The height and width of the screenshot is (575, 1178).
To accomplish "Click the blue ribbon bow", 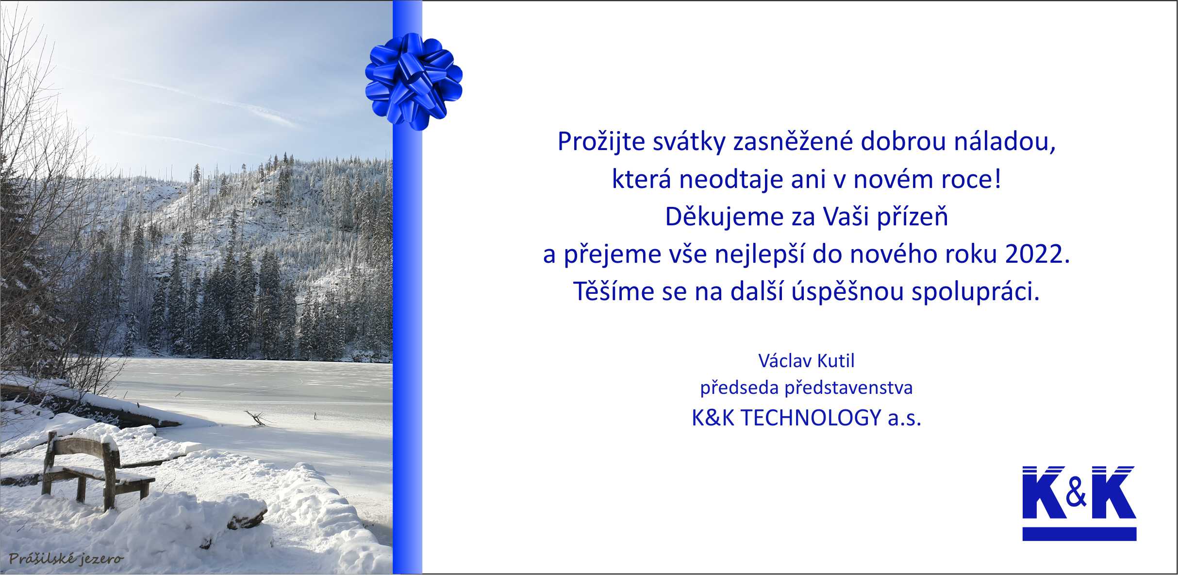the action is pos(414,81).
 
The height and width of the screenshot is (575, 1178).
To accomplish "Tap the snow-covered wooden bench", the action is pos(97,469).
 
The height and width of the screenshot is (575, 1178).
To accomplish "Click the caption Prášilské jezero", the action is pos(66,559).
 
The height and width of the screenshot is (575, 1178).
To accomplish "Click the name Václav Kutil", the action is pos(806,361).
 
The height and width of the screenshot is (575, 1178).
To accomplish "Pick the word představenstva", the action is pos(849,388).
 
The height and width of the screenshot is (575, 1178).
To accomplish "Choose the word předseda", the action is pos(740,388).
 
